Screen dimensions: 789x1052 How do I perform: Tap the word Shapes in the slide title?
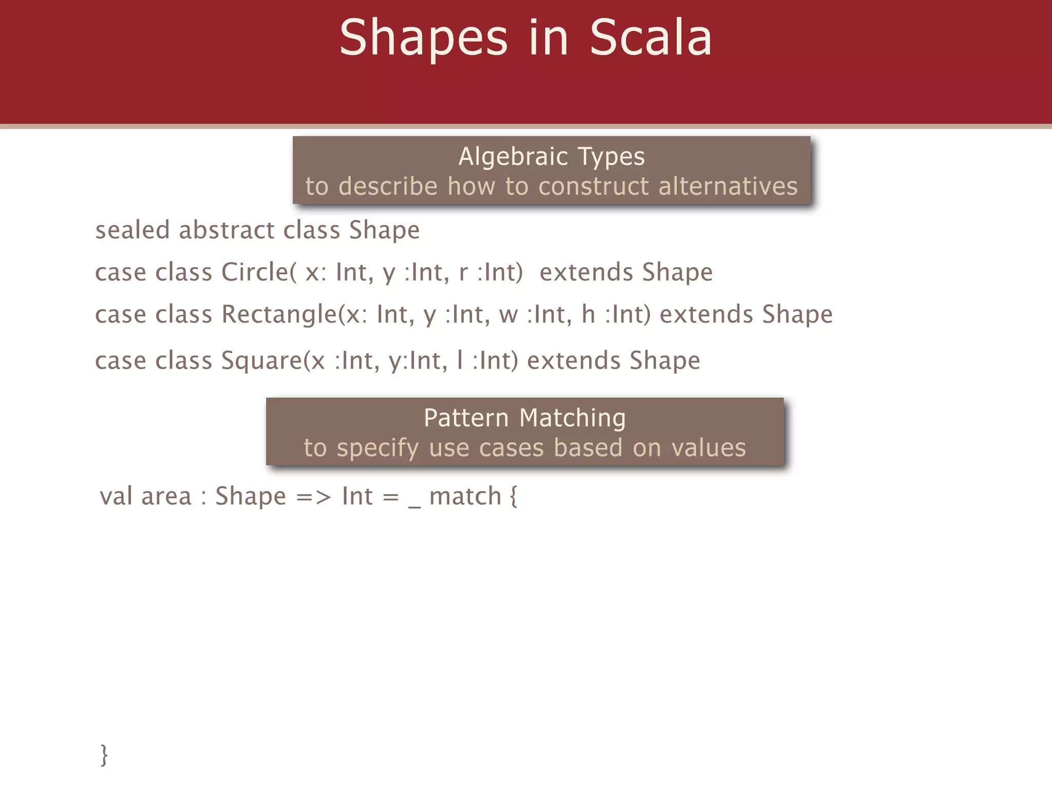(423, 39)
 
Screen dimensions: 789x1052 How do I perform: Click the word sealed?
(132, 230)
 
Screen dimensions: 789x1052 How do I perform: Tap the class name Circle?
(255, 272)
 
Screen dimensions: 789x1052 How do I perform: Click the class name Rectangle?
(279, 314)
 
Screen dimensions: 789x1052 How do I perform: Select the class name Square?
(261, 361)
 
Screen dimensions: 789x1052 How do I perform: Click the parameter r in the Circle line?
(463, 273)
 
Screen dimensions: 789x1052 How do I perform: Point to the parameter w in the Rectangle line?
(509, 315)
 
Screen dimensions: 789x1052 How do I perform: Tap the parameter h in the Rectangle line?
(588, 314)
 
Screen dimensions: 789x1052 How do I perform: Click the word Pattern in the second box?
(466, 418)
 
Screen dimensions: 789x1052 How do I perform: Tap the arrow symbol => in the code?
(313, 497)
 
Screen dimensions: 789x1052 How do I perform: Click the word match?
(465, 496)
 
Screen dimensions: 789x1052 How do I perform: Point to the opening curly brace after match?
(513, 497)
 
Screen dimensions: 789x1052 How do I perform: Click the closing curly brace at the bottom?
(104, 755)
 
